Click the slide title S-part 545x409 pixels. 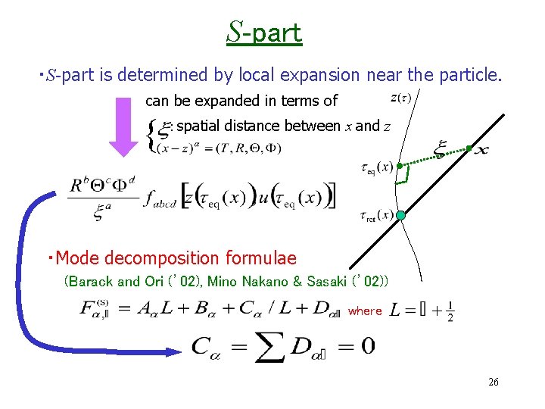tap(263, 32)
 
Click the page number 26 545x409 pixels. tap(494, 382)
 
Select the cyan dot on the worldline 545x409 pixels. tap(400, 216)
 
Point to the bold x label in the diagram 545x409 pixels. tap(481, 149)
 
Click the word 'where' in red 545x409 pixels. tap(365, 311)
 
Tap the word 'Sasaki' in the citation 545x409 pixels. tap(325, 282)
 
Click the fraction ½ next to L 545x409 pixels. tap(450, 311)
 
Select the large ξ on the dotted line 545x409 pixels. tap(440, 148)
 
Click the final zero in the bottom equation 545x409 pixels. tap(366, 347)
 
